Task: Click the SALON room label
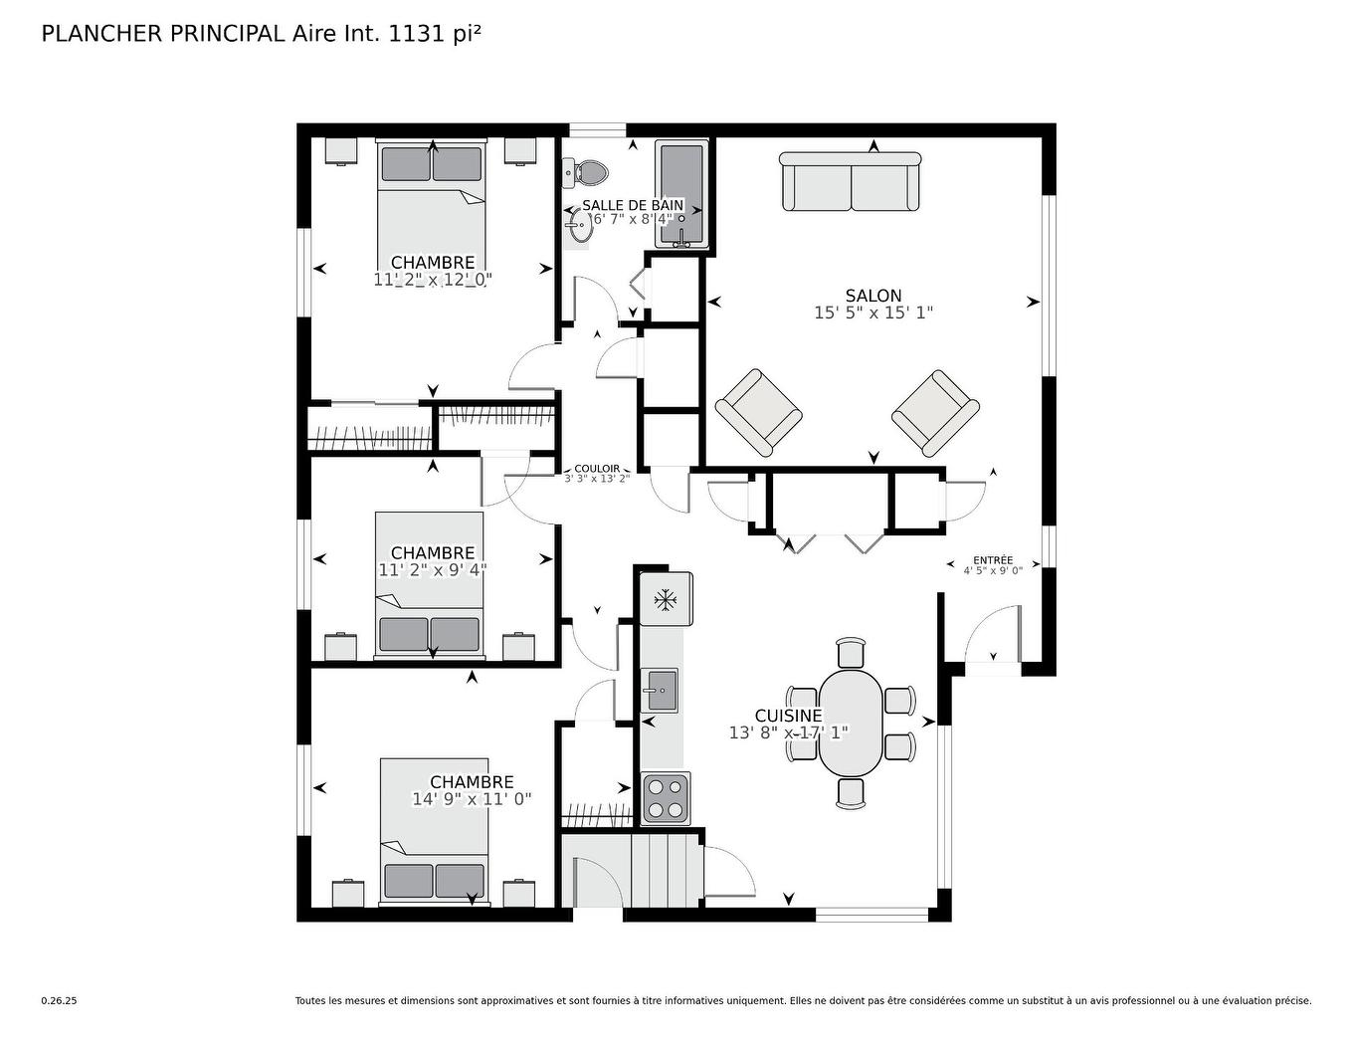tap(873, 296)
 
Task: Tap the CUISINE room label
tap(788, 716)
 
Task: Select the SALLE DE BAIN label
tap(633, 205)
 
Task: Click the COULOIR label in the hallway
tap(597, 468)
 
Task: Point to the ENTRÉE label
tap(993, 560)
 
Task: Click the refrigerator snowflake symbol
tap(665, 600)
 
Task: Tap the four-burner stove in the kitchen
tap(666, 798)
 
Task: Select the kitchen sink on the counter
tap(660, 690)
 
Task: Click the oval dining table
tap(851, 722)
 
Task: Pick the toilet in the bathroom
tap(588, 173)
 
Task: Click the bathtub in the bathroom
tap(681, 194)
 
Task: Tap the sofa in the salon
tap(851, 182)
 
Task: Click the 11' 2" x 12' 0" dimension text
tap(433, 280)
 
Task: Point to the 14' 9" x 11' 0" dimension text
tap(472, 799)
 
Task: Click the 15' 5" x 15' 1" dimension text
tap(873, 313)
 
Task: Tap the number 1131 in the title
tap(412, 33)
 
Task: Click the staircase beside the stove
tap(667, 869)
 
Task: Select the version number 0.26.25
tap(59, 1001)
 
